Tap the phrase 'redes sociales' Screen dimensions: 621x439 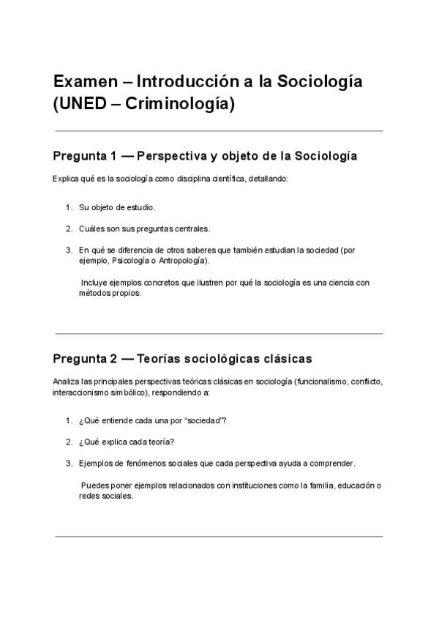pos(106,496)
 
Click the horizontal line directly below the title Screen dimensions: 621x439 pos(219,131)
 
